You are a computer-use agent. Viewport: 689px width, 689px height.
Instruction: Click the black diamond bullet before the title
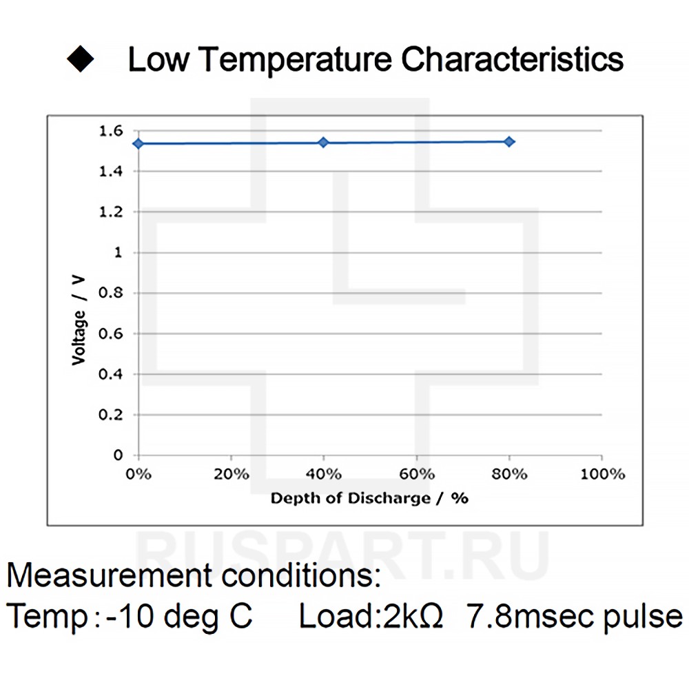pos(81,59)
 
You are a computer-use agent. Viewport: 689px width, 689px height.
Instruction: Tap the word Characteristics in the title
pos(513,60)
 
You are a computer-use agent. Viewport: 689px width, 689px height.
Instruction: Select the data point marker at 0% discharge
pos(138,143)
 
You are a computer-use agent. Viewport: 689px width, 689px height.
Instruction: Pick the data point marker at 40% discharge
pos(323,142)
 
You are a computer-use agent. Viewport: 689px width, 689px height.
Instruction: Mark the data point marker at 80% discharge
pos(509,141)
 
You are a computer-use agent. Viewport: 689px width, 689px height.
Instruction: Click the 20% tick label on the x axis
pos(231,474)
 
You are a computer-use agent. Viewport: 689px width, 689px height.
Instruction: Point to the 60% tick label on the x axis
pos(416,474)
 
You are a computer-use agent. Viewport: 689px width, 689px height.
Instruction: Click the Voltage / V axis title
pos(80,319)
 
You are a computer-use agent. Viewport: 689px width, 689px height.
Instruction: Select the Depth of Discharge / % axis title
pos(369,498)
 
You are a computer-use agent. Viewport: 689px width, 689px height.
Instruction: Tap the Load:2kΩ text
pos(371,615)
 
